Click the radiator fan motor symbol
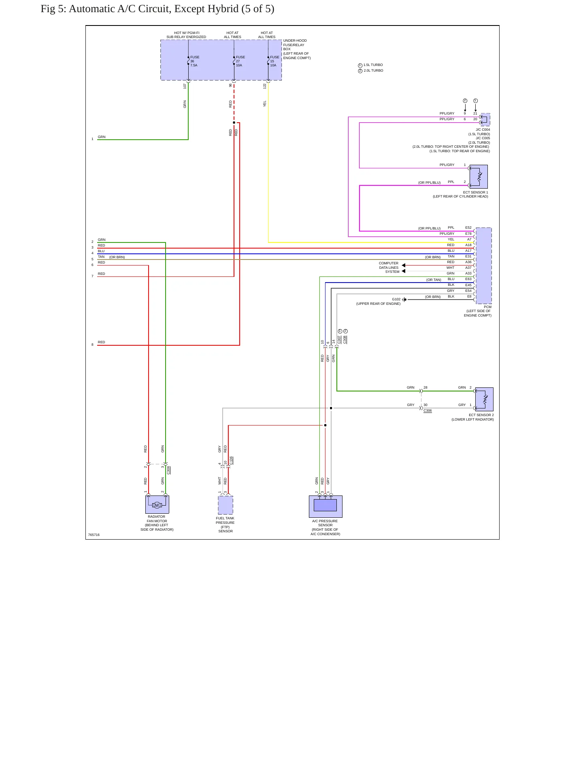(157, 504)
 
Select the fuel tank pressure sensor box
(225, 505)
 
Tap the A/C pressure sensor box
(325, 506)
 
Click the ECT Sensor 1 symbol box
(479, 176)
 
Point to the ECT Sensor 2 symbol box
(484, 399)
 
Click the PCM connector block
(484, 266)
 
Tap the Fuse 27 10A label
(240, 61)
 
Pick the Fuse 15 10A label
(274, 61)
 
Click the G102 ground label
(396, 300)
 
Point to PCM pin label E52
(468, 228)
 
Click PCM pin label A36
(468, 262)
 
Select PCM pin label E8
(470, 297)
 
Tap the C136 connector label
(231, 461)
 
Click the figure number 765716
(94, 535)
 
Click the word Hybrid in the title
(223, 9)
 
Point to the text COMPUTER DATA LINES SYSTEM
(389, 268)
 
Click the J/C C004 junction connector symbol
(485, 120)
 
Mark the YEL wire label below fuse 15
(265, 104)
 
